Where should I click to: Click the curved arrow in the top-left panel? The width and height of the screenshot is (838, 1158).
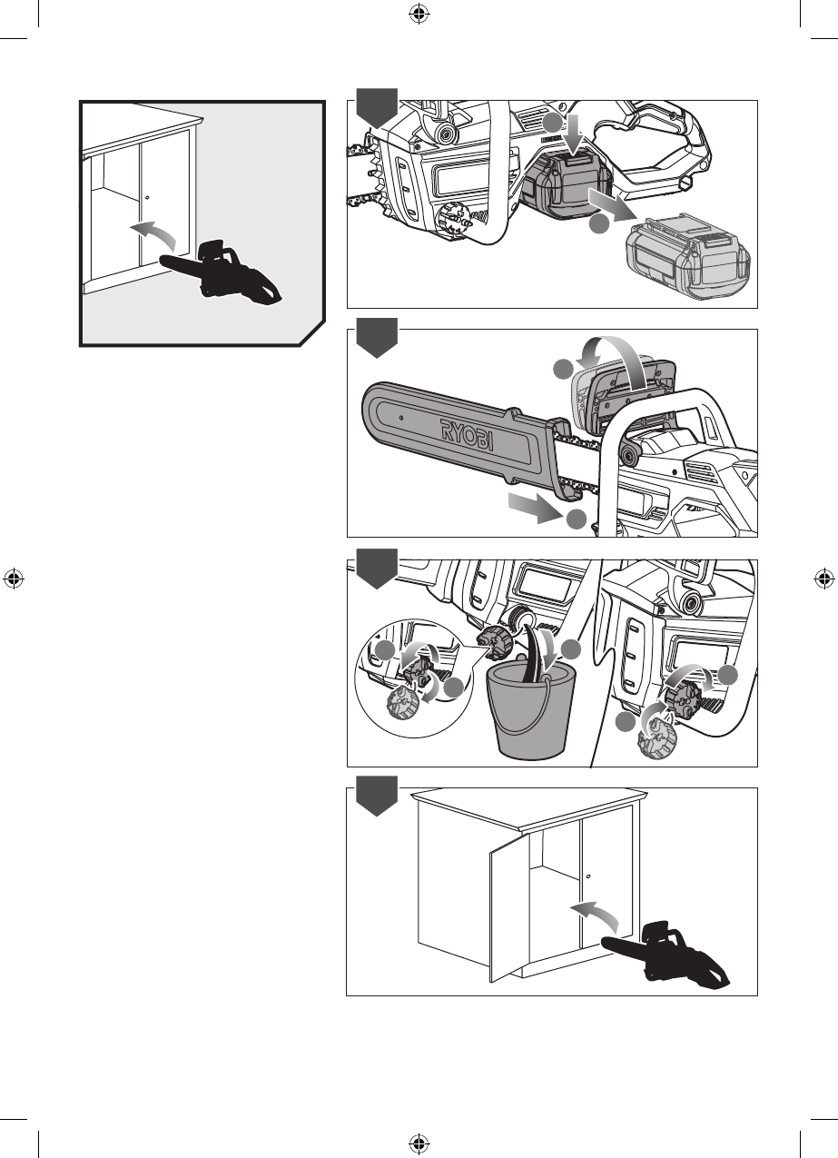pos(152,233)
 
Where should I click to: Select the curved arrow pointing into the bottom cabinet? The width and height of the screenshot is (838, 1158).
pos(596,914)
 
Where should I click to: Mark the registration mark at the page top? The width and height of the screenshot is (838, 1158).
pos(418,14)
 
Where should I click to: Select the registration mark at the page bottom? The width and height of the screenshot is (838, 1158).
pos(418,1143)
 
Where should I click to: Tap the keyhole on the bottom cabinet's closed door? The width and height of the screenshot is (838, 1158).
pos(588,876)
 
